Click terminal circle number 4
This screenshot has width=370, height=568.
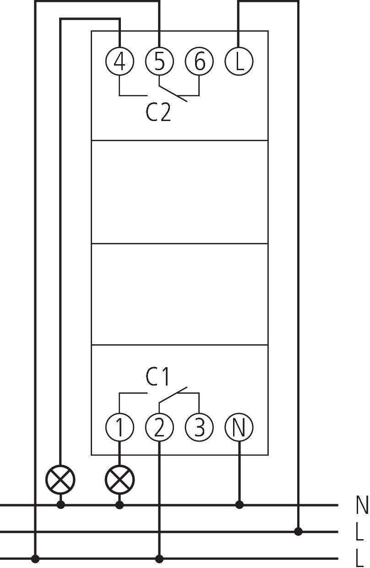tap(120, 61)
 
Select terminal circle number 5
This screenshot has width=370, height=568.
tap(159, 61)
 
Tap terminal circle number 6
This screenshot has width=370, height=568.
tap(199, 61)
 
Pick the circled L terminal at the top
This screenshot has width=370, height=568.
tap(239, 61)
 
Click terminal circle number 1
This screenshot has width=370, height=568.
tap(120, 427)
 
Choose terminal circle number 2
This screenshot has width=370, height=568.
tap(159, 427)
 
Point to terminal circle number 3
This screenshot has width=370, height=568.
tap(199, 427)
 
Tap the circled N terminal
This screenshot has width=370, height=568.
tap(239, 427)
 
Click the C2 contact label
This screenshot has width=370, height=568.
tap(158, 112)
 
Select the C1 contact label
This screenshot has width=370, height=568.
tap(158, 377)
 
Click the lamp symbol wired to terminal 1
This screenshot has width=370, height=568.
tap(120, 480)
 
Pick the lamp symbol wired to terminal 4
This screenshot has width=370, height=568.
tap(60, 480)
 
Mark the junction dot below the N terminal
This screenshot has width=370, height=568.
tap(239, 505)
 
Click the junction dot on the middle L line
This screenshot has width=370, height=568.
tap(298, 532)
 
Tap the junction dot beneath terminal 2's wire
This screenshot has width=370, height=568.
tap(159, 559)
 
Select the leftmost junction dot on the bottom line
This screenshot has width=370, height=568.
tap(35, 559)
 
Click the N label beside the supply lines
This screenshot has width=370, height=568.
tap(362, 505)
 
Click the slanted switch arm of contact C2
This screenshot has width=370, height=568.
tap(173, 93)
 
